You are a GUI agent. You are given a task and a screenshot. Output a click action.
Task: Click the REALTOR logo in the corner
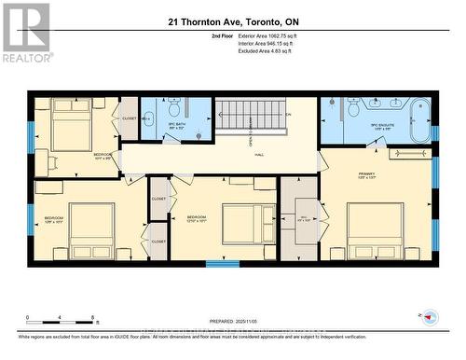click(26, 32)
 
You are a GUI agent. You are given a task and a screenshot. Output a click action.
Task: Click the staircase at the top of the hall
click(249, 118)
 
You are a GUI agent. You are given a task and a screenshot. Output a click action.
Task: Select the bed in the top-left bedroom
click(71, 125)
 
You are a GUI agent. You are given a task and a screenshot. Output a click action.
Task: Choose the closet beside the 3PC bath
click(128, 119)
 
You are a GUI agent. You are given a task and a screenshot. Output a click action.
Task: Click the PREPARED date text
click(232, 321)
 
